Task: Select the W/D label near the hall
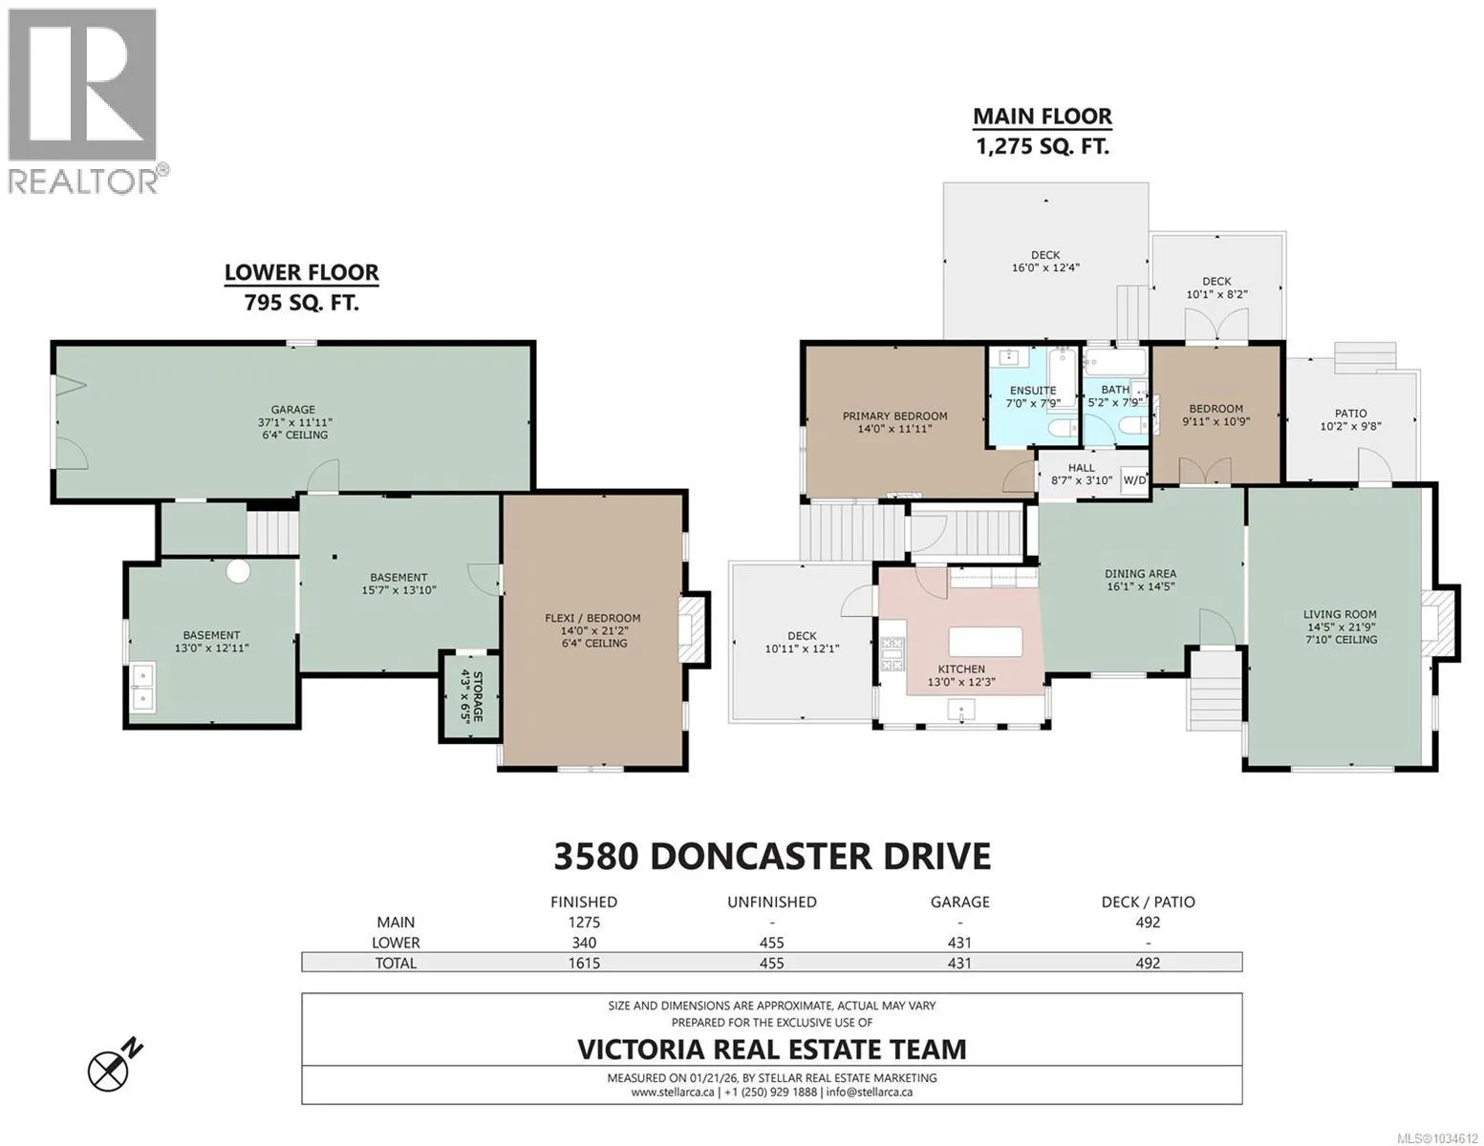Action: tap(1134, 479)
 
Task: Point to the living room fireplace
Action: tap(1437, 622)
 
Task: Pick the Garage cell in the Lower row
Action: tap(959, 943)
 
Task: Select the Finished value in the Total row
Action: tap(584, 963)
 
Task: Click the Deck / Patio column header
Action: tap(1148, 902)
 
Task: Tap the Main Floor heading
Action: tap(1043, 117)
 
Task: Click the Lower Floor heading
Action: tap(301, 272)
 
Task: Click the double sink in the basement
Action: tap(142, 688)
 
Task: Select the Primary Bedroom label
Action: tap(894, 415)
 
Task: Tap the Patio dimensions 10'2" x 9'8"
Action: tap(1350, 426)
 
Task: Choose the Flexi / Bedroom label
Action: tap(592, 618)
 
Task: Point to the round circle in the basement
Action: tap(238, 570)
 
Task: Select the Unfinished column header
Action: tap(772, 902)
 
